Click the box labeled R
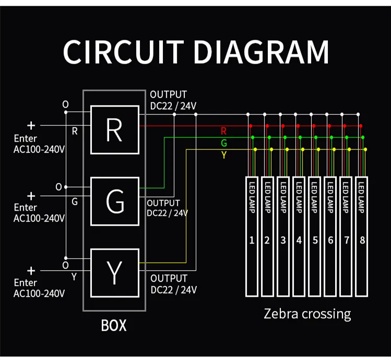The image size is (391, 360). pos(114,130)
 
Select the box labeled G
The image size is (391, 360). pos(114,202)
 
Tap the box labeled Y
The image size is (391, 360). pos(114,273)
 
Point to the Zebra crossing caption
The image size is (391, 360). pos(307,313)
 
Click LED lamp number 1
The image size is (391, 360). pos(252,237)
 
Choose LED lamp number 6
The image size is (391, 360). pos(331,237)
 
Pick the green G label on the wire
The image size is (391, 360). pos(224,143)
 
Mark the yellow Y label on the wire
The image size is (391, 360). pos(224,155)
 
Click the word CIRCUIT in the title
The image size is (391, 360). pos(126,51)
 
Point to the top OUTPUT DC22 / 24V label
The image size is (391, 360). pos(173,101)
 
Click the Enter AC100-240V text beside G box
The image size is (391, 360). pos(39,213)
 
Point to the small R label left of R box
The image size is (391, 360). pos(75,132)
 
